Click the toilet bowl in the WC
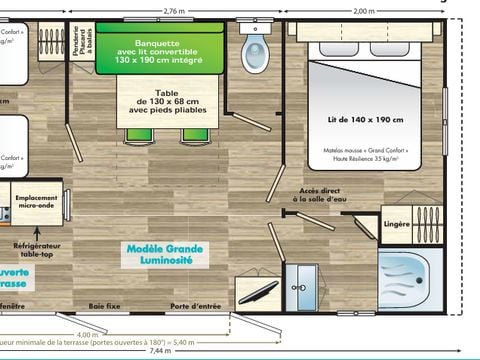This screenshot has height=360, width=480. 255,49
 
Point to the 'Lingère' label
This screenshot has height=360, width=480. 397,224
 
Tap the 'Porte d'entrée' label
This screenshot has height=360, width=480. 193,306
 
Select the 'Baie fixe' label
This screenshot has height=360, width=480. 104,306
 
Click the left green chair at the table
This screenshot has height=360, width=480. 134,134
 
